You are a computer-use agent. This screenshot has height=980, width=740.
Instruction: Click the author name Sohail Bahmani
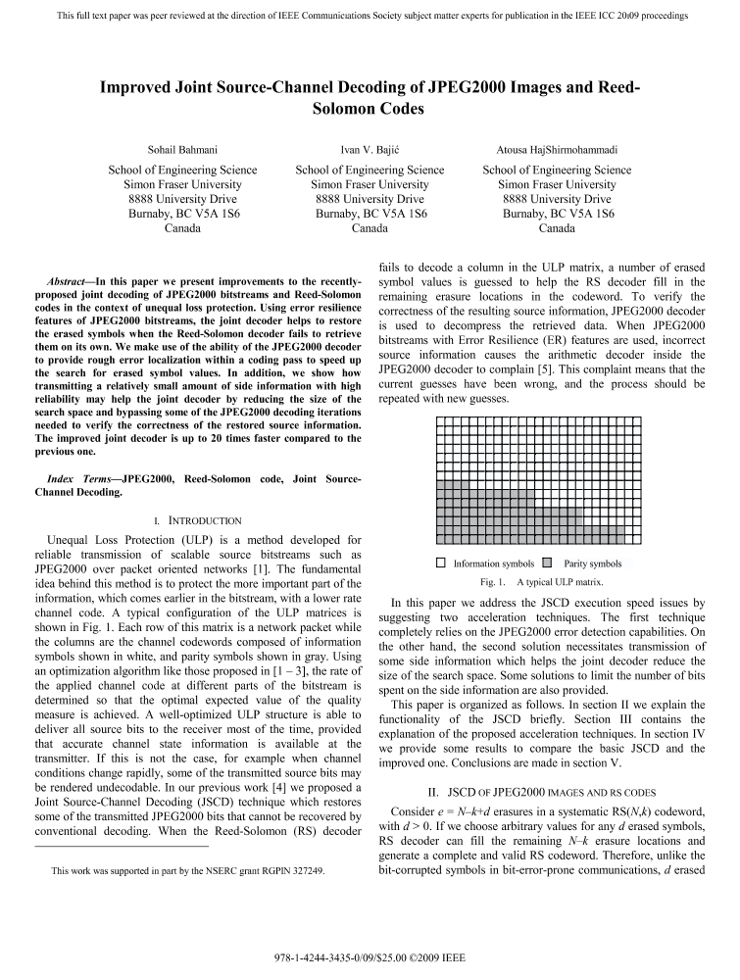[x=182, y=150]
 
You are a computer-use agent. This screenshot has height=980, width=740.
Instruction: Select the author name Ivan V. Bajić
[x=370, y=150]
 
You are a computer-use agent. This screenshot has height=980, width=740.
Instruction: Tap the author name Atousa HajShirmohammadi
[x=557, y=150]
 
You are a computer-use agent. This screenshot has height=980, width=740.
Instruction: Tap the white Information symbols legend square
[x=441, y=563]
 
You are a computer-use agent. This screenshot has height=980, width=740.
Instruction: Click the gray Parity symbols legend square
[x=547, y=563]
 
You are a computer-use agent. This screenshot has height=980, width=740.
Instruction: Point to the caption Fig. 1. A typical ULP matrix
[x=554, y=581]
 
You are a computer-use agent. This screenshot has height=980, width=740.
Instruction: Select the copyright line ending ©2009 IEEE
[x=370, y=955]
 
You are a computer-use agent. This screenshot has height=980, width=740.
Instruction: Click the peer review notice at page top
[x=370, y=16]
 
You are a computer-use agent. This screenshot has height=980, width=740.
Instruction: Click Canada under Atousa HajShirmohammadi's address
[x=557, y=228]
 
